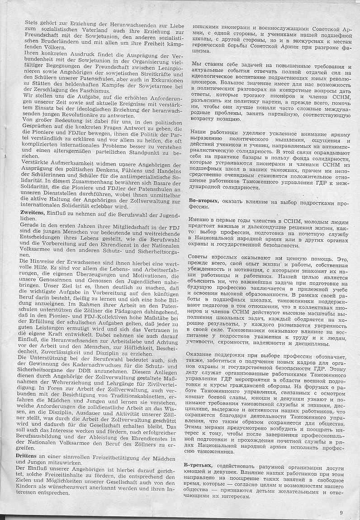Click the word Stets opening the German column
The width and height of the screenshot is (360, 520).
pos(24,21)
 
